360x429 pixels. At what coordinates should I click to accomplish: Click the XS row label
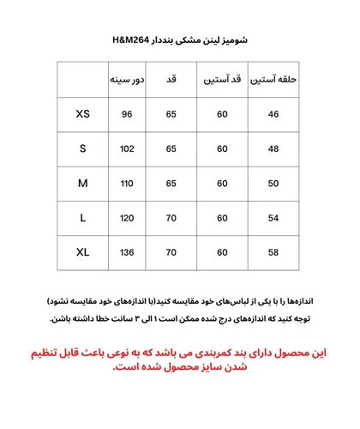point(82,114)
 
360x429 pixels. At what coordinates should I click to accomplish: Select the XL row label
point(82,252)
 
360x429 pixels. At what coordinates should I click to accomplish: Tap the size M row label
point(82,184)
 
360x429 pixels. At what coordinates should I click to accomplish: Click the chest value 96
point(127,114)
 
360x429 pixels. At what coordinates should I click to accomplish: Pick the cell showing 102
point(127,148)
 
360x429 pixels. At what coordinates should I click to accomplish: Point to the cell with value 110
point(127,184)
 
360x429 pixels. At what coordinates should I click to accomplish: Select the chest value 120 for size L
point(127,218)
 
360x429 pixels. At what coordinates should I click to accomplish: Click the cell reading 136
point(127,252)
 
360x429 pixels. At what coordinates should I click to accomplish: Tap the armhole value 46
point(273,114)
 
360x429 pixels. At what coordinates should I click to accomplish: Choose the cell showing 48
point(273,148)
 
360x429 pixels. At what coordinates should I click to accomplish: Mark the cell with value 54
point(273,218)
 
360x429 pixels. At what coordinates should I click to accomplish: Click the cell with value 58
point(273,252)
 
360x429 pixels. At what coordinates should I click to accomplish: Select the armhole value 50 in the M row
point(273,184)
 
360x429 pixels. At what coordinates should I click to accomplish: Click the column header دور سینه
point(127,80)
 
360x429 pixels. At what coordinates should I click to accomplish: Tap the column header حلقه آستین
point(273,80)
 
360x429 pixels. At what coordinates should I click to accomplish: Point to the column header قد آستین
point(222,80)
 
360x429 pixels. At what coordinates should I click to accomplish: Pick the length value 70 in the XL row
point(171,252)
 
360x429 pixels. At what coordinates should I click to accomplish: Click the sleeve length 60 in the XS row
point(222,114)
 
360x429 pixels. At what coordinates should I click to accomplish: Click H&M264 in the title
point(132,40)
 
